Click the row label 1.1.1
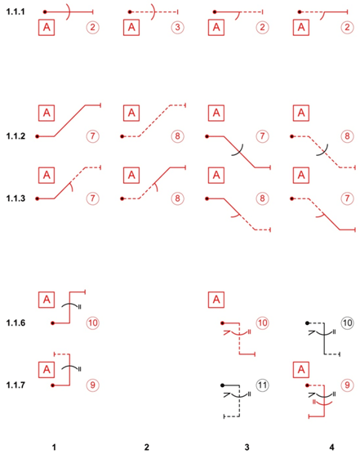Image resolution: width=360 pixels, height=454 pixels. [16, 12]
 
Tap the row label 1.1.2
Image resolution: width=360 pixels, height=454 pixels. [16, 136]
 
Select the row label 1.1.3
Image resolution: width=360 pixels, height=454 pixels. [16, 198]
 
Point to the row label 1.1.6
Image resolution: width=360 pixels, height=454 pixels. [16, 323]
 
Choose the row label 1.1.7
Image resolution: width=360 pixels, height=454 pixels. [16, 385]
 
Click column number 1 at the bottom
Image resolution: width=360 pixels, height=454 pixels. [54, 447]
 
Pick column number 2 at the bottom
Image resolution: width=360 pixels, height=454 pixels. [147, 447]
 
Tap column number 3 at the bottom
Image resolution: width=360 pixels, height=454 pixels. [247, 447]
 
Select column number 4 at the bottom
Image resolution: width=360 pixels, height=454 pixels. [332, 447]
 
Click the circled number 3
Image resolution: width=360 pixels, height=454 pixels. [177, 27]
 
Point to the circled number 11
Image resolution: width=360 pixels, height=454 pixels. [262, 385]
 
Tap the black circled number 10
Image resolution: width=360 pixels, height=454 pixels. [347, 323]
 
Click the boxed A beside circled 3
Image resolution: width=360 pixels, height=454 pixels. [131, 28]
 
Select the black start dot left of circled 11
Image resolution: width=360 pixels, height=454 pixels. [222, 385]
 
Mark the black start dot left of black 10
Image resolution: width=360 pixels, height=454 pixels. [307, 323]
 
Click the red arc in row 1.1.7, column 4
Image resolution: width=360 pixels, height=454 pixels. [324, 404]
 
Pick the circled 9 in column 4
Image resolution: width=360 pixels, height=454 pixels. [347, 385]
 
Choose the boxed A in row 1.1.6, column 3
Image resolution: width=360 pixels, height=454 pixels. [216, 300]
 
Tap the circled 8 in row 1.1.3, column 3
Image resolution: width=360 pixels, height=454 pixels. [262, 198]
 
